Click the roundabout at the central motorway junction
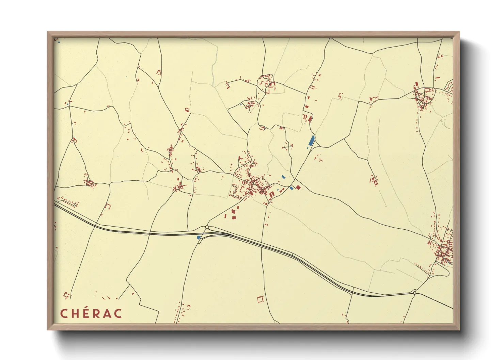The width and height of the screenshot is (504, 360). [x=207, y=227]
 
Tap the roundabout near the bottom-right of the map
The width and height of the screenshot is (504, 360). [x=414, y=293]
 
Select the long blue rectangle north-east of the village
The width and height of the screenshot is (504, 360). [x=312, y=141]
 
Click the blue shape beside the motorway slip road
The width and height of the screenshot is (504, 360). [x=199, y=237]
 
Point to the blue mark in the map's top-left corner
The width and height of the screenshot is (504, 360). [x=59, y=43]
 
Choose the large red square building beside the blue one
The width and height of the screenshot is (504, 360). [x=298, y=187]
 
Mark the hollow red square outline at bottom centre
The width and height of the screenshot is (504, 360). [x=261, y=299]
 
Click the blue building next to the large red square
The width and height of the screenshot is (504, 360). [x=291, y=188]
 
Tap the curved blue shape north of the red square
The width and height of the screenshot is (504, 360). [x=284, y=177]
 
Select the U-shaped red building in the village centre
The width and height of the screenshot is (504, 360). [x=272, y=194]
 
